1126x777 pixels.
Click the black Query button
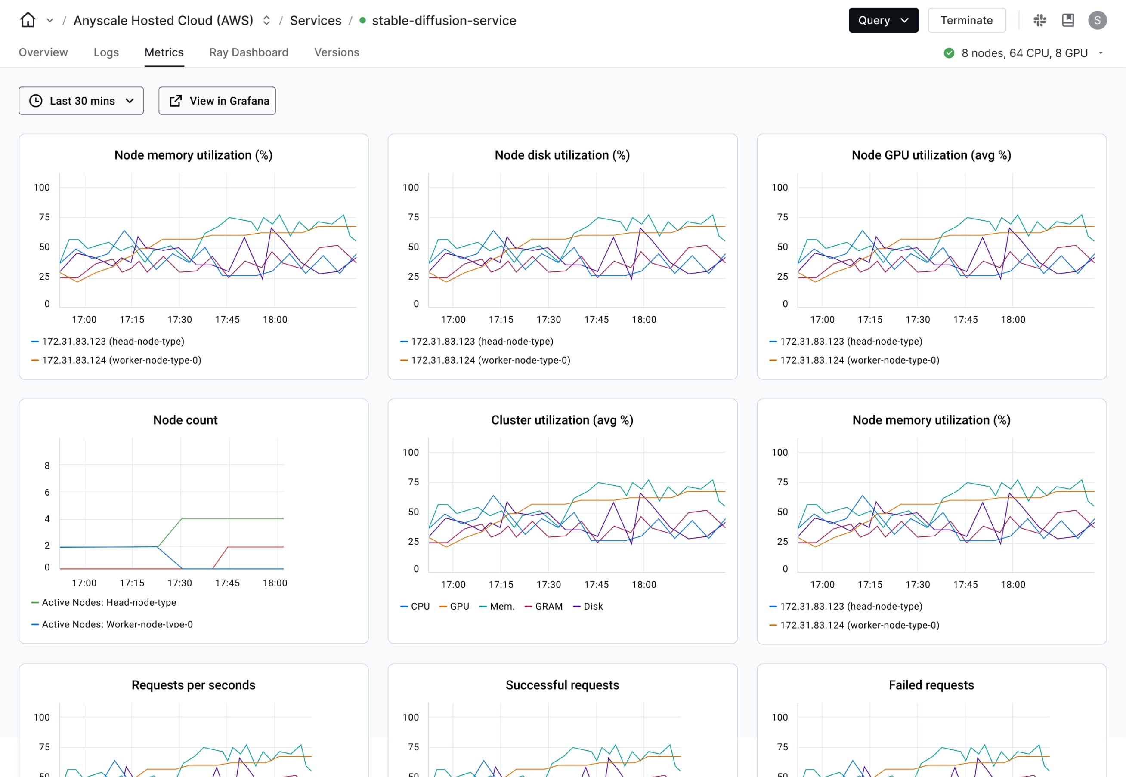coord(882,21)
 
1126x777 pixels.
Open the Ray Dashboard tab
coord(248,52)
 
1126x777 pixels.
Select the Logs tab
coord(106,52)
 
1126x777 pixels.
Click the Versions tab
coord(336,52)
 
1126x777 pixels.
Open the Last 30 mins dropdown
coord(81,101)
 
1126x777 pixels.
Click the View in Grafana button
coord(217,101)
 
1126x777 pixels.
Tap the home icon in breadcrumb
coord(28,21)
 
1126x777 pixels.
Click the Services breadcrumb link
coord(315,21)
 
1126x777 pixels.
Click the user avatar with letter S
coord(1097,21)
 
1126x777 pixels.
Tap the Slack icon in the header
coord(1039,21)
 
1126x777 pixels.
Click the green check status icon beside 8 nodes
coord(949,53)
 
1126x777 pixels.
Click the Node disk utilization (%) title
coord(562,155)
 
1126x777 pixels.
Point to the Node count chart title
coord(185,420)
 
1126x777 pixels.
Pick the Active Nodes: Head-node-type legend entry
coord(108,603)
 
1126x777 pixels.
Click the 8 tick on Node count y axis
coord(47,466)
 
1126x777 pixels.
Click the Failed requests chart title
coord(931,685)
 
